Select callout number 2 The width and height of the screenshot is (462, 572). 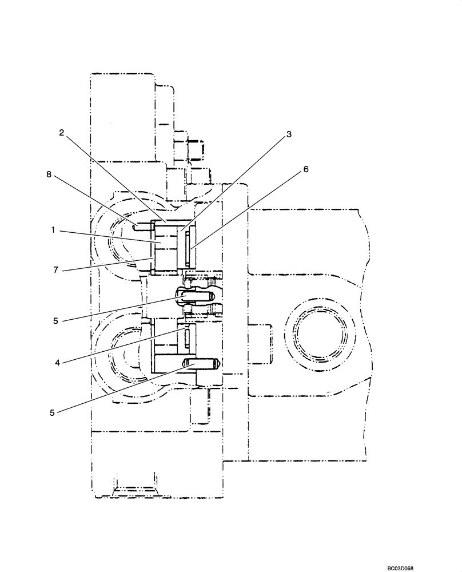point(61,132)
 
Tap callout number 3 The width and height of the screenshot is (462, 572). point(289,134)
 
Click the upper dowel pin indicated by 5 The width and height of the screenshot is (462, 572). point(197,296)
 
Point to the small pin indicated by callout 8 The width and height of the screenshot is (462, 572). point(142,227)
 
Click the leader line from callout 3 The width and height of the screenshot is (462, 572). point(234,183)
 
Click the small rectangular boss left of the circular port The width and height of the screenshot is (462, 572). point(260,343)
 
